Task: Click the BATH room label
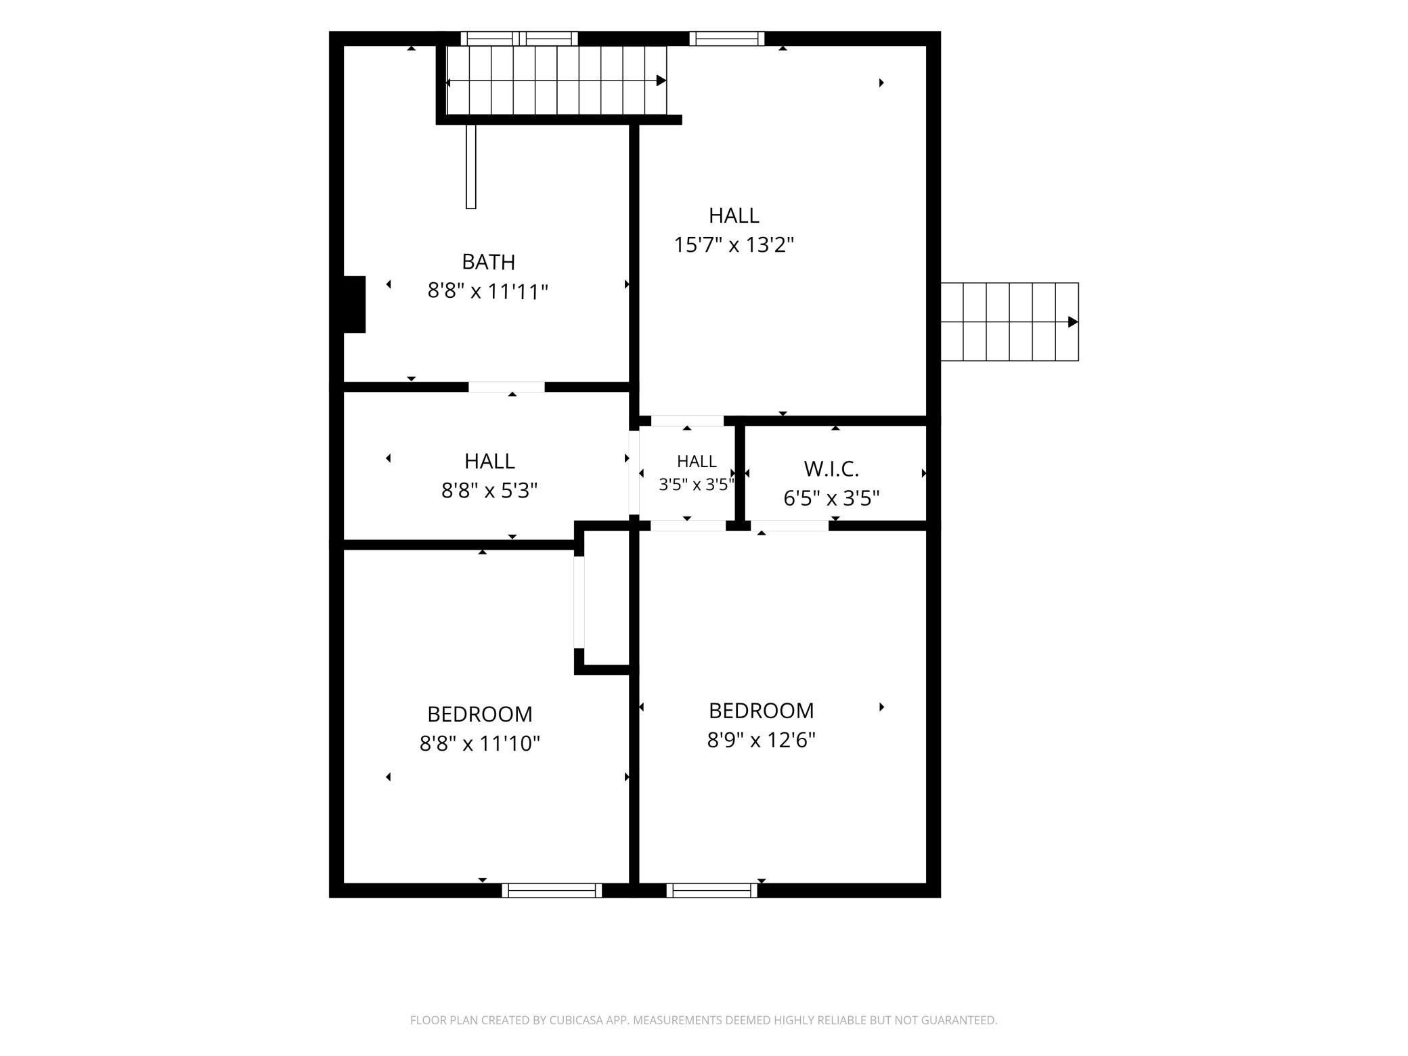click(x=488, y=261)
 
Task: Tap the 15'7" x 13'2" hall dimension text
click(x=733, y=244)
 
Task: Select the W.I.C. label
click(x=831, y=468)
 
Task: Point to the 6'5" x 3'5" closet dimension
click(x=831, y=498)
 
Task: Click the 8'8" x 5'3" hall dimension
click(x=489, y=490)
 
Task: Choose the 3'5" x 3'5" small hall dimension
click(x=697, y=485)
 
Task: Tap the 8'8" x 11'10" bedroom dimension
click(x=480, y=744)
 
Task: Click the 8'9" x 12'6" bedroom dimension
click(x=761, y=740)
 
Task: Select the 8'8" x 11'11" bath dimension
click(x=487, y=292)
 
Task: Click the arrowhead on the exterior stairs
click(x=1073, y=322)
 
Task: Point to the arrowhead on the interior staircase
click(x=661, y=81)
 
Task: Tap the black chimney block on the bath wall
click(x=355, y=305)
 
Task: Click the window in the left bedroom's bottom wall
click(x=552, y=890)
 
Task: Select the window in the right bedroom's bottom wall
click(x=712, y=890)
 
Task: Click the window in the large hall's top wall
click(x=727, y=39)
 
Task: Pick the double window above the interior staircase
click(x=520, y=39)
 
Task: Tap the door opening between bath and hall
click(x=506, y=387)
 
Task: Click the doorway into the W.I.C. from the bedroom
click(x=789, y=525)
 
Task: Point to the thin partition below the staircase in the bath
click(x=471, y=167)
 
